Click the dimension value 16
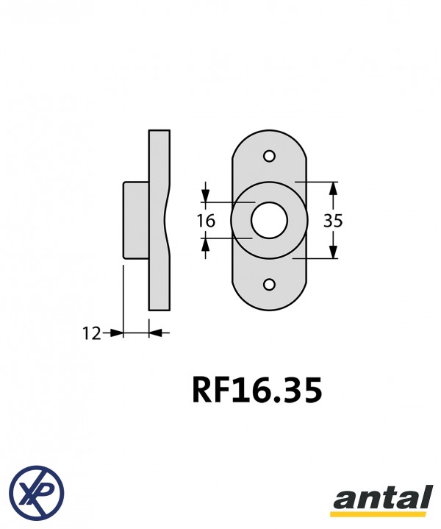pyautogui.click(x=206, y=221)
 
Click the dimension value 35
pyautogui.click(x=333, y=221)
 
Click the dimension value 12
pyautogui.click(x=91, y=334)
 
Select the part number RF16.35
pyautogui.click(x=257, y=391)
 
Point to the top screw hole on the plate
pyautogui.click(x=269, y=157)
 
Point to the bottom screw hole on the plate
pyautogui.click(x=269, y=285)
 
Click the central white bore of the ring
pyautogui.click(x=269, y=220)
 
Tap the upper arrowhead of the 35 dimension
pyautogui.click(x=333, y=189)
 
